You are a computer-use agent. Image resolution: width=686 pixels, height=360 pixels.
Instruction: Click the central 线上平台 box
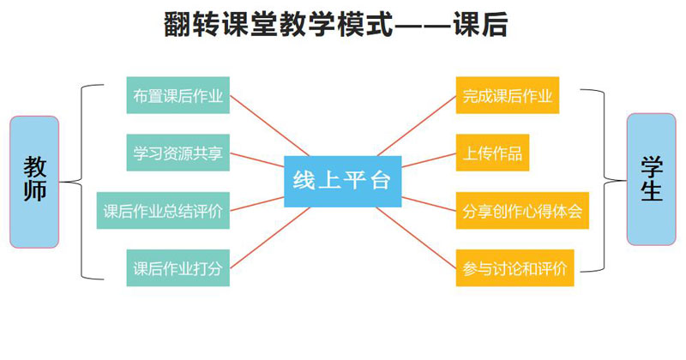[x=342, y=181]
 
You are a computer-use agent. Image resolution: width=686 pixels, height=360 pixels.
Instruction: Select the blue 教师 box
[x=34, y=182]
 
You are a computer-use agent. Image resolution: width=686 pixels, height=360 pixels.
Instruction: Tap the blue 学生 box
[x=651, y=179]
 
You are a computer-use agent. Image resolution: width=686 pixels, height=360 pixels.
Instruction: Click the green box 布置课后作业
[x=178, y=95]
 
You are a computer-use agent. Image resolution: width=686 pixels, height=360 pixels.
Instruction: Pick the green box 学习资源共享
[x=178, y=153]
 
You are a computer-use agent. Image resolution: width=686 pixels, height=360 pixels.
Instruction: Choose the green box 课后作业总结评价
[x=163, y=210]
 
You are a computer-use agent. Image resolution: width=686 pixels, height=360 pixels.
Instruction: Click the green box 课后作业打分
[x=178, y=267]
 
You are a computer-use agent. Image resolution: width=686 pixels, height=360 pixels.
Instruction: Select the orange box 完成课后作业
[x=508, y=95]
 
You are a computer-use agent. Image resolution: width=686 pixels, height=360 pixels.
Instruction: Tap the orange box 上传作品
[x=492, y=153]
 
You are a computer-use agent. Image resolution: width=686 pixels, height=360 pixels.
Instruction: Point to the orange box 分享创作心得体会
[x=522, y=210]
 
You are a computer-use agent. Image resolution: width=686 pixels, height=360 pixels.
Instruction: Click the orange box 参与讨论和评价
[x=515, y=267]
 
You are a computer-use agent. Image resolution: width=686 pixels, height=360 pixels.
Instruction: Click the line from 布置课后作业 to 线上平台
[x=269, y=125]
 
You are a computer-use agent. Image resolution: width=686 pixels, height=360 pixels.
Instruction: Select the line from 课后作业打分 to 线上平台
[x=269, y=237]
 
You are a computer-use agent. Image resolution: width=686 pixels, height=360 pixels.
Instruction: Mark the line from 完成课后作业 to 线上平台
[x=417, y=125]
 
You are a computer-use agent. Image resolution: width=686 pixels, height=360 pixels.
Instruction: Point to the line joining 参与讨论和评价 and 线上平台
[x=416, y=237]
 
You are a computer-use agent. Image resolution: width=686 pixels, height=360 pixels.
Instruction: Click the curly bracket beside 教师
[x=81, y=182]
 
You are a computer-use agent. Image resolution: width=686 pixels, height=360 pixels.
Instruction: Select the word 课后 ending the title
[x=480, y=25]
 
